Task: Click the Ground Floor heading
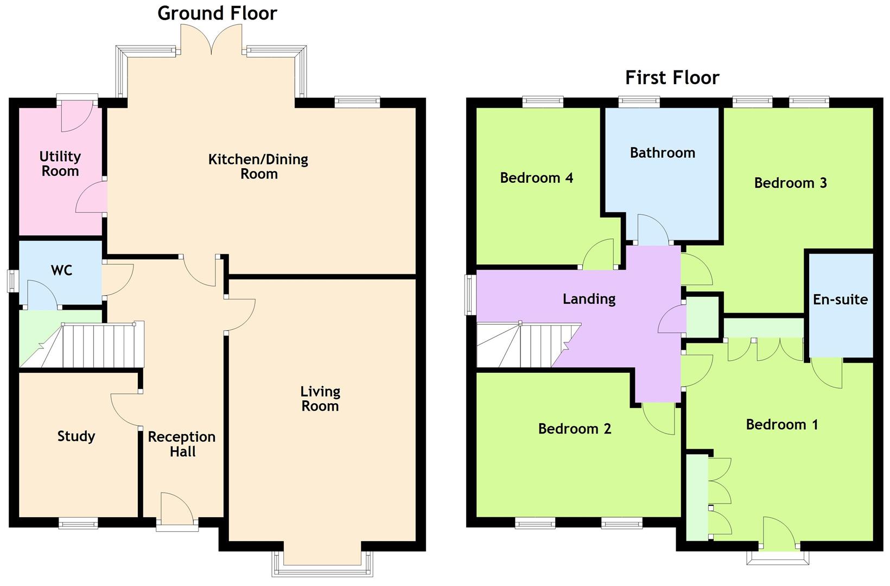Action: [x=217, y=13]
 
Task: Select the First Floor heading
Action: [x=672, y=78]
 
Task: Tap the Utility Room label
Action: [x=60, y=164]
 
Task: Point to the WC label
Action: [x=61, y=270]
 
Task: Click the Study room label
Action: [x=76, y=436]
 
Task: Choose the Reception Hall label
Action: [x=182, y=444]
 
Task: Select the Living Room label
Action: [x=320, y=399]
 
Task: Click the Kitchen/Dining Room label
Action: [x=258, y=167]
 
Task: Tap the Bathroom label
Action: [x=662, y=153]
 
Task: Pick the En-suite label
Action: [x=840, y=300]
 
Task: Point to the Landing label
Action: [x=589, y=299]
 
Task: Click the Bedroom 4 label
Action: [x=536, y=178]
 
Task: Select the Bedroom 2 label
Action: [x=574, y=429]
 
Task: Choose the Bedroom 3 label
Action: [x=790, y=183]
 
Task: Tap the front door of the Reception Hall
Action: [x=177, y=510]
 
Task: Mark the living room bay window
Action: [x=322, y=567]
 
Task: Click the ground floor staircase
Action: [x=98, y=346]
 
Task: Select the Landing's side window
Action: [x=470, y=295]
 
